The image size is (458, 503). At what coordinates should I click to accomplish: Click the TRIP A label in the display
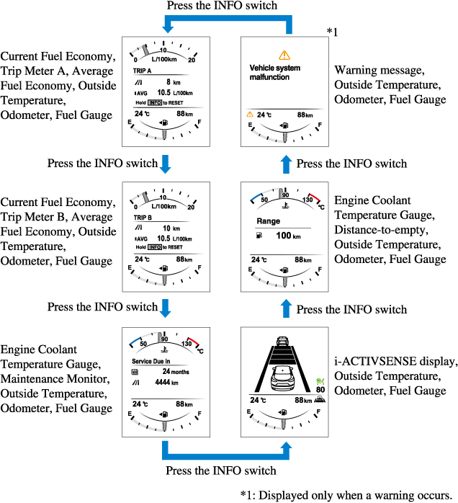(143, 72)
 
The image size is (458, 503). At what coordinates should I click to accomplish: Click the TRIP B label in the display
(143, 217)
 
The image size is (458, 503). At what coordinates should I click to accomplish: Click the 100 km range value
(288, 236)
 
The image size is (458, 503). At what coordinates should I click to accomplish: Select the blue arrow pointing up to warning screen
(287, 163)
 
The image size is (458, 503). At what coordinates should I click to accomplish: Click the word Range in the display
(268, 221)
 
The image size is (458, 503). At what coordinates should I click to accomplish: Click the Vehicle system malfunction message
(275, 72)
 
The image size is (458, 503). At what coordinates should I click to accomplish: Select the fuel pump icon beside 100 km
(259, 236)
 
